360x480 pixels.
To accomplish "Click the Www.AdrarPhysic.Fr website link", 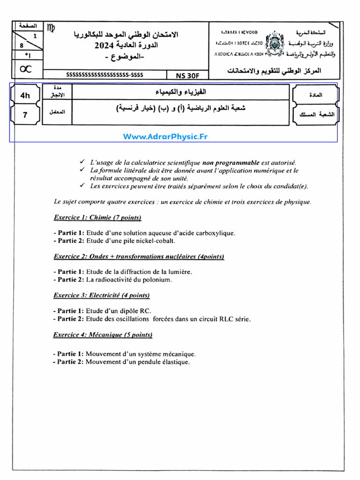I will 165,136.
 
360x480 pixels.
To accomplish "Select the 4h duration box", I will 25,95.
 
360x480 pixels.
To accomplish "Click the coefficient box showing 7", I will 25,115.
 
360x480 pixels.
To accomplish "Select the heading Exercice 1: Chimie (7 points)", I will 97,217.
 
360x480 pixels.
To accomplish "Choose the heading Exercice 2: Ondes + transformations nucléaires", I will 139,256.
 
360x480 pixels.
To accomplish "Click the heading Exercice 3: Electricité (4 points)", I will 102,295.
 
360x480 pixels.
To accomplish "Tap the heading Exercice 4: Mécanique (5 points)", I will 103,335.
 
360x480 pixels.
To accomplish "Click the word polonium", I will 158,280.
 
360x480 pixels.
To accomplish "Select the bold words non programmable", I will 231,162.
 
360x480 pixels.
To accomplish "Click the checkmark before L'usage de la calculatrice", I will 82,162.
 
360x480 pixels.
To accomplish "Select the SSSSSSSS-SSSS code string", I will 105,75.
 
